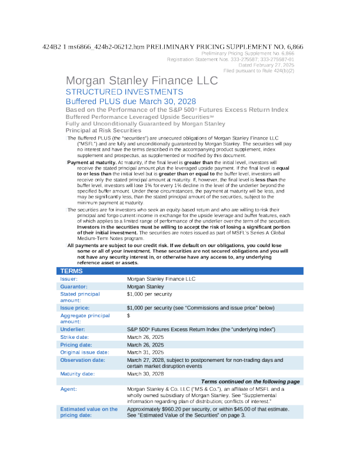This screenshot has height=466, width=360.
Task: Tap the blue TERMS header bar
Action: click(x=180, y=271)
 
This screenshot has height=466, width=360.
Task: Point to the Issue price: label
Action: click(x=75, y=308)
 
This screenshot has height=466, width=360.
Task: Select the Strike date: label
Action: click(x=75, y=337)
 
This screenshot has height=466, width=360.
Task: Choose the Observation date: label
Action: click(x=82, y=360)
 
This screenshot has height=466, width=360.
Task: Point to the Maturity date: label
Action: click(x=79, y=374)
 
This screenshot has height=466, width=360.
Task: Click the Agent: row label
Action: click(x=68, y=389)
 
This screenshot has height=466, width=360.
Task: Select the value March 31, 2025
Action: click(x=146, y=352)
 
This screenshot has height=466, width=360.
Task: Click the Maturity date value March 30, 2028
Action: click(x=146, y=374)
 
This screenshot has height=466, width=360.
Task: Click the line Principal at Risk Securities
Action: click(x=104, y=130)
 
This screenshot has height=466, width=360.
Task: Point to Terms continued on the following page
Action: click(x=251, y=381)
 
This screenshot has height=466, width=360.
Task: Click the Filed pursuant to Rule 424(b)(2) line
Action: click(x=259, y=70)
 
